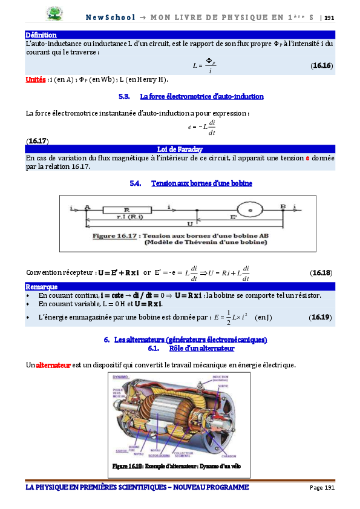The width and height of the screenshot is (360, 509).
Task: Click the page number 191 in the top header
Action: click(330, 18)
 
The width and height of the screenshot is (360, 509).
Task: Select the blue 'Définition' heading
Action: click(41, 35)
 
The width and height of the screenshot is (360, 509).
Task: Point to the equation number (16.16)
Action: click(321, 65)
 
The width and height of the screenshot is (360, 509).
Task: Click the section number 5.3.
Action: click(125, 96)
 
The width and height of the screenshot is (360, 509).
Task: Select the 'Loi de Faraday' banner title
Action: click(179, 149)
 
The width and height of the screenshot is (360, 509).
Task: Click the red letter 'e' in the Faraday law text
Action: click(307, 158)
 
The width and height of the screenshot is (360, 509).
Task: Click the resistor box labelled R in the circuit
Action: click(127, 209)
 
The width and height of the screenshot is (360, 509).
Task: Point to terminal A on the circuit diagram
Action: click(88, 207)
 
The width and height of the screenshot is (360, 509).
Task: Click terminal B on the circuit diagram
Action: click(282, 207)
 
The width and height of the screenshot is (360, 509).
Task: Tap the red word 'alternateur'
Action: click(53, 365)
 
